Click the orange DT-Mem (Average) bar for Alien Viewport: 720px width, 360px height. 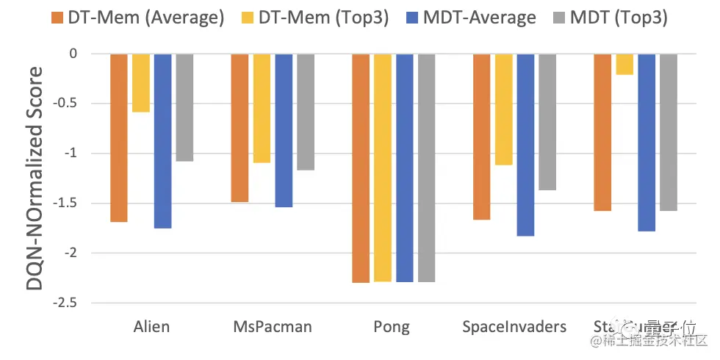click(119, 137)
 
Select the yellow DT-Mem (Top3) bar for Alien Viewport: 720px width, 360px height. click(141, 82)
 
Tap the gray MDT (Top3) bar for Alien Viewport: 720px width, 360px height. click(184, 107)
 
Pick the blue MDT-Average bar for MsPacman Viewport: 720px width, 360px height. click(284, 130)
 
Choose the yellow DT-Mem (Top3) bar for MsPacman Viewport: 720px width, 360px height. click(262, 108)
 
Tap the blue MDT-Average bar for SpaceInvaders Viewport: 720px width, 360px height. click(525, 145)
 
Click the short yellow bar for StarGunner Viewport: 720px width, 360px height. click(624, 64)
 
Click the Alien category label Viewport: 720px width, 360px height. click(152, 326)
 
